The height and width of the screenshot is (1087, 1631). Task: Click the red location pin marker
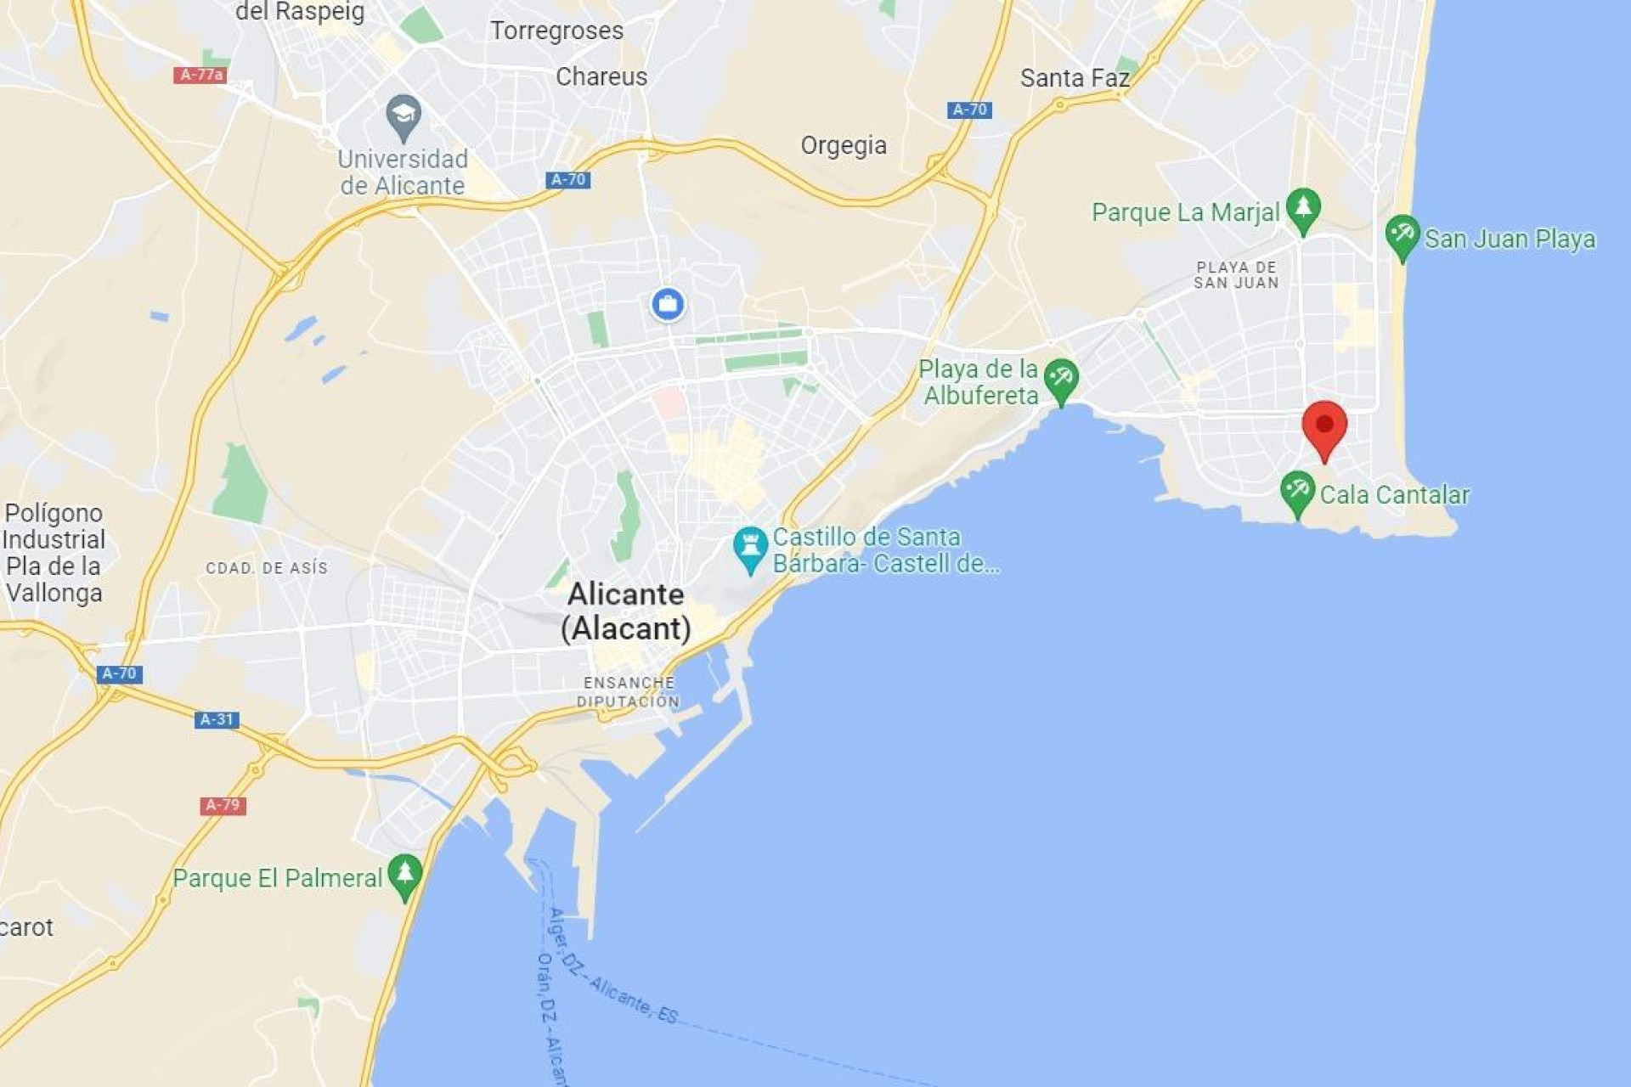(1323, 427)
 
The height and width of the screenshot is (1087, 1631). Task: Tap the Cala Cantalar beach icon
(1297, 492)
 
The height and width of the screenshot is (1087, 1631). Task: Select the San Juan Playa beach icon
(1402, 235)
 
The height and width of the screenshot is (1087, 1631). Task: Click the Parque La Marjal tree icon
(1302, 209)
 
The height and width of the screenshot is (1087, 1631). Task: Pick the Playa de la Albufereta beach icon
(1061, 379)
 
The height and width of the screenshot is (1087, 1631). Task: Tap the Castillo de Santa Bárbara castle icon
(750, 548)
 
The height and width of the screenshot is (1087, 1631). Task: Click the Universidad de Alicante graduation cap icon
(404, 115)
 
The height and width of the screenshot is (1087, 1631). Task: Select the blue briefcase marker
(668, 304)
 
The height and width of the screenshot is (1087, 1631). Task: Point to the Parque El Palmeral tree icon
(404, 875)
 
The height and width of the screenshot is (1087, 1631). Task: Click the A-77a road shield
(200, 75)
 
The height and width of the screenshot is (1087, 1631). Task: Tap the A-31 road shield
(217, 719)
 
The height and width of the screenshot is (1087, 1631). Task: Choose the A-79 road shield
(223, 804)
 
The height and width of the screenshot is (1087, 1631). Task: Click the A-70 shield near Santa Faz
(969, 110)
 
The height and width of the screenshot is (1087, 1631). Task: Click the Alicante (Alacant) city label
(626, 611)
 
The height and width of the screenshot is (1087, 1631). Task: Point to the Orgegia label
(844, 145)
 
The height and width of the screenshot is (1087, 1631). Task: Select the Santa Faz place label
(1075, 78)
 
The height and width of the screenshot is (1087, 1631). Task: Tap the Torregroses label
(556, 31)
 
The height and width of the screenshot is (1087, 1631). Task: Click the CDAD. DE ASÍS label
(267, 568)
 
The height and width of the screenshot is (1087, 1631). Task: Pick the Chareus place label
(601, 76)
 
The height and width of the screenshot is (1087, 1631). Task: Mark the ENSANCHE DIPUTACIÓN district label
(629, 692)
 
